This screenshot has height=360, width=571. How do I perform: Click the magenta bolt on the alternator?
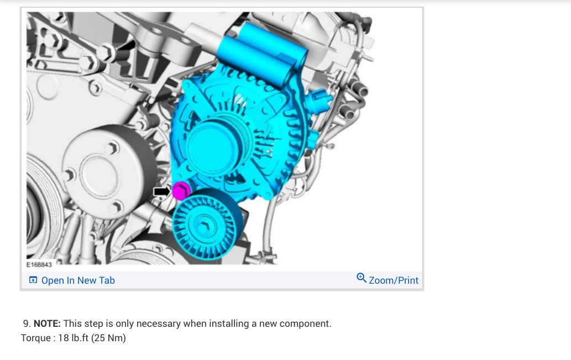click(x=181, y=191)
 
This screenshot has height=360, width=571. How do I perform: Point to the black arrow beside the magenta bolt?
click(x=162, y=191)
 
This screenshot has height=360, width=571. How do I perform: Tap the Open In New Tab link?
click(x=78, y=280)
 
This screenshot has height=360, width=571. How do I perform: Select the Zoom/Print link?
click(x=394, y=280)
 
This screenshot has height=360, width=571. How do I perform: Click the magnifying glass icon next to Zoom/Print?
click(x=362, y=278)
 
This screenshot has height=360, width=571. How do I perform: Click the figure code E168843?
click(x=39, y=264)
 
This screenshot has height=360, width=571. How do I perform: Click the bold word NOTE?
click(x=47, y=324)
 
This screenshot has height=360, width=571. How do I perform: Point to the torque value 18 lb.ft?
click(x=73, y=338)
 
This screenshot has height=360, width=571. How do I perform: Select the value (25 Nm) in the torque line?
click(x=108, y=338)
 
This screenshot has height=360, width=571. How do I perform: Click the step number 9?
click(x=27, y=324)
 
